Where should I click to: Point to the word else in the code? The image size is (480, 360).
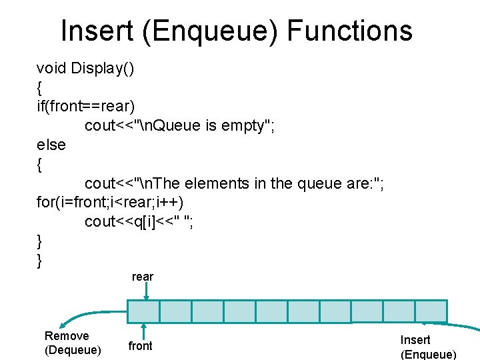click(x=51, y=145)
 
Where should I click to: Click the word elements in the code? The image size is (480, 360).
click(x=227, y=183)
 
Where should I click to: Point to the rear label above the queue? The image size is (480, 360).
click(x=143, y=277)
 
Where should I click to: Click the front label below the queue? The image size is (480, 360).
click(x=140, y=346)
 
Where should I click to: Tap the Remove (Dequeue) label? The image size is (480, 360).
click(x=73, y=343)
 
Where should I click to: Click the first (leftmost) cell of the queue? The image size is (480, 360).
click(x=143, y=311)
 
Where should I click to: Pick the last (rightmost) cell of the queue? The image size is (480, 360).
click(x=431, y=311)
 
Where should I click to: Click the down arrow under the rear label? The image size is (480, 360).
click(x=153, y=291)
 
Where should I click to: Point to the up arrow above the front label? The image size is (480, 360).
click(x=143, y=331)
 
